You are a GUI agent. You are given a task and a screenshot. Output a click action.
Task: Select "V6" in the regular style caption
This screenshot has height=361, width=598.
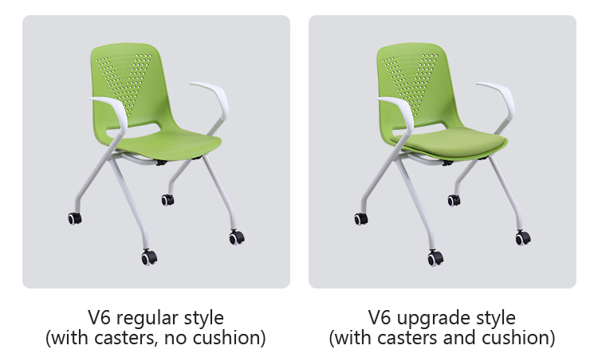click(x=99, y=317)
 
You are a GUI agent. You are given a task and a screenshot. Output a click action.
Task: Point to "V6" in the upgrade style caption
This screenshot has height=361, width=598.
click(x=380, y=317)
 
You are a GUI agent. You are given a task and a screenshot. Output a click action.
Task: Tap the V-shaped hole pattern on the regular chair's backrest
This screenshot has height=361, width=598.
click(x=124, y=82)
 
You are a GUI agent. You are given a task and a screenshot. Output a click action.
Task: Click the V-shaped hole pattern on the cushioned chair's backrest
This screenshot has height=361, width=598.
click(x=411, y=82)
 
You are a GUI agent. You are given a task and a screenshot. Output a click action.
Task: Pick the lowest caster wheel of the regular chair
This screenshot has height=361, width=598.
click(x=149, y=257)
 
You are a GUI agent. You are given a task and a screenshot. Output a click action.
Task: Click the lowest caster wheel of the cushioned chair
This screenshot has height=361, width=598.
click(x=435, y=258)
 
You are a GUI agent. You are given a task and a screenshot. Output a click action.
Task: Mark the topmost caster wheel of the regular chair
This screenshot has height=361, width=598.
click(x=167, y=199)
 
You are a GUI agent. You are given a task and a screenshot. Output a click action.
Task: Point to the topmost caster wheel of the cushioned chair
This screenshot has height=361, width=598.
click(x=454, y=200)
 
